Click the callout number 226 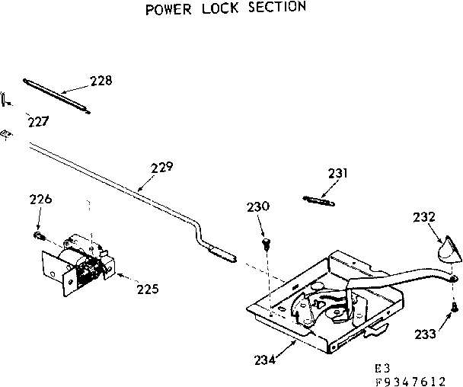point(40,200)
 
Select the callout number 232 point(424,216)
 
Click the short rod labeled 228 point(57,94)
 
